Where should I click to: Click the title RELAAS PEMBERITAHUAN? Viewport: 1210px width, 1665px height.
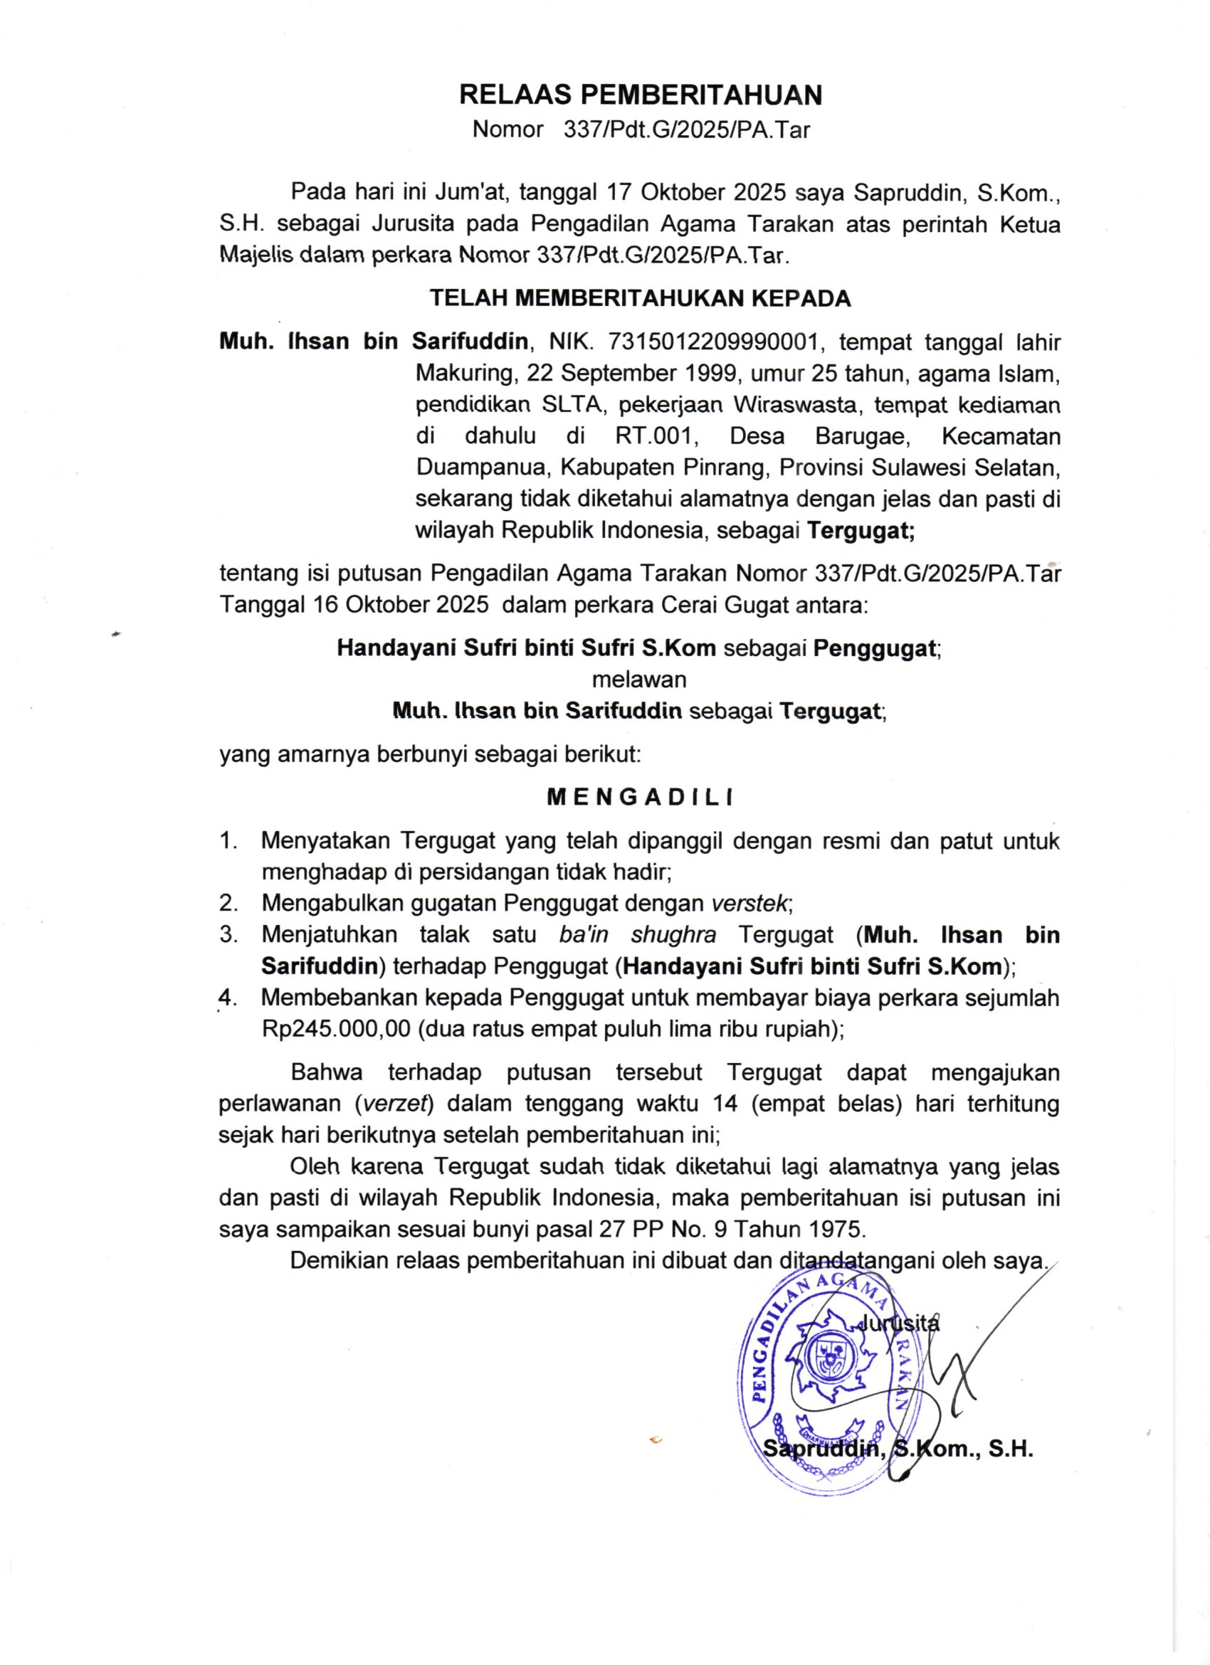click(641, 95)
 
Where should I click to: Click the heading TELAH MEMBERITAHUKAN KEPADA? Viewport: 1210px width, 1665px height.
click(641, 299)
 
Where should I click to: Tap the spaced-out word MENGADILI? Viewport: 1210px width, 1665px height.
click(641, 798)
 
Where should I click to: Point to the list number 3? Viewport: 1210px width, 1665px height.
click(228, 934)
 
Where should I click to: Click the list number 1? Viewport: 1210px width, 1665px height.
click(228, 840)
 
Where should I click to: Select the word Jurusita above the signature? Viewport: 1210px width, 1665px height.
click(900, 1323)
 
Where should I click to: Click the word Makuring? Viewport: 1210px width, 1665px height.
click(463, 374)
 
